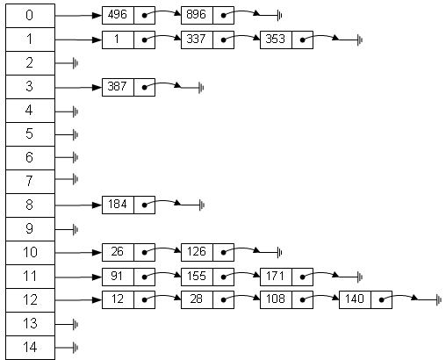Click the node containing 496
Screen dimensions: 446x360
(128, 15)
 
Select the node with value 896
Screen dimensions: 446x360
(207, 15)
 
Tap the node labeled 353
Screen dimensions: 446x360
(286, 40)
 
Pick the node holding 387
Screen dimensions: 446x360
(128, 87)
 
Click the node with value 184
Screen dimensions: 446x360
(128, 205)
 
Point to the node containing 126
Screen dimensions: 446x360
(207, 252)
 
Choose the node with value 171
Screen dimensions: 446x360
(286, 277)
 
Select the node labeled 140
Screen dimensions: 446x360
(365, 299)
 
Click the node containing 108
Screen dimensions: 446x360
(286, 299)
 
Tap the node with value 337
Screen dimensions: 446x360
(207, 40)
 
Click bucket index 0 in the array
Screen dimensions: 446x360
(30, 16)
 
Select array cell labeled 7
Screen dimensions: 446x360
(30, 182)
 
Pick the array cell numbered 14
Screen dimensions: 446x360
(30, 348)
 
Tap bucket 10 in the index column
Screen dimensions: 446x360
(30, 253)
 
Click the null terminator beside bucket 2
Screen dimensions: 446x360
(76, 63)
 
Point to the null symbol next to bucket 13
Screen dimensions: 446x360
(76, 324)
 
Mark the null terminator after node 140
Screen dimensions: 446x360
(439, 300)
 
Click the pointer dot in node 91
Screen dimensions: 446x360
(144, 277)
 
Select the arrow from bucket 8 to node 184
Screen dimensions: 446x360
(78, 205)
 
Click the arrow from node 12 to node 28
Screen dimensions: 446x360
(162, 297)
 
